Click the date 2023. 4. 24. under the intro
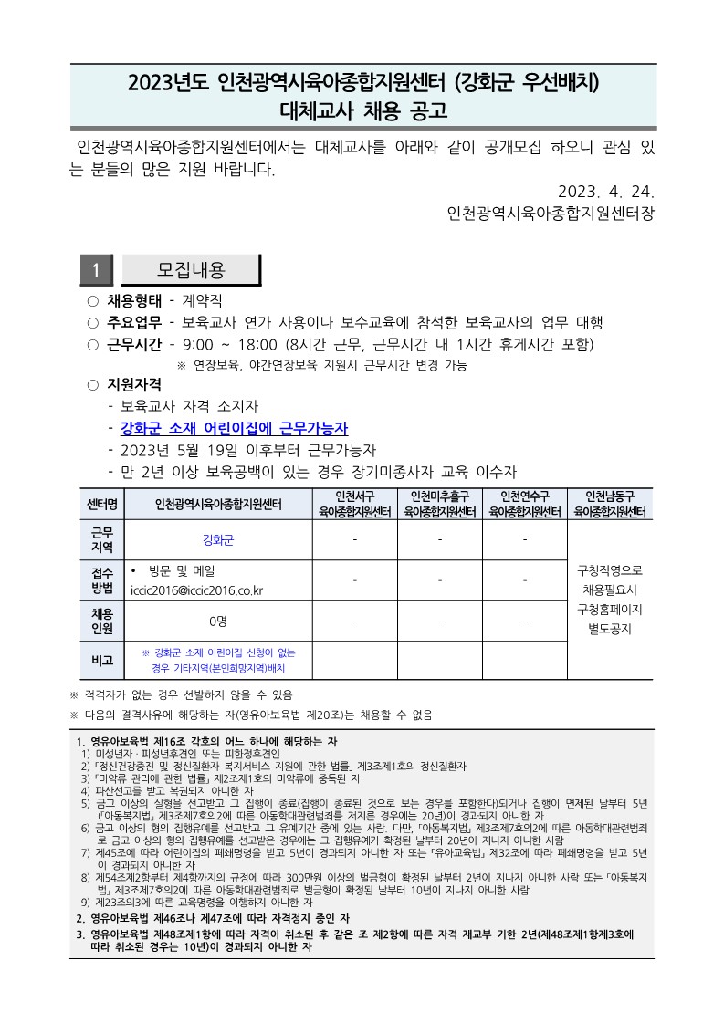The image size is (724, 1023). pos(605,192)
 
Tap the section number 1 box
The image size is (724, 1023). pos(96,270)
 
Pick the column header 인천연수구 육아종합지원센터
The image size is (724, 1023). pos(524,504)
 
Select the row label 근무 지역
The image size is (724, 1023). pos(101,539)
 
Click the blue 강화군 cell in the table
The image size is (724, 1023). pos(218,539)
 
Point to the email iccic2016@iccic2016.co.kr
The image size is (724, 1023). pos(196,590)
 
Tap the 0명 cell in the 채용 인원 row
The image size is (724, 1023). pos(218,621)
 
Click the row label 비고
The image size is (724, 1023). pos(101,660)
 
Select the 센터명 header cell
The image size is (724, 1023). pos(101,504)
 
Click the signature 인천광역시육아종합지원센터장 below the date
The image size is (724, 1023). pos(551,215)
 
